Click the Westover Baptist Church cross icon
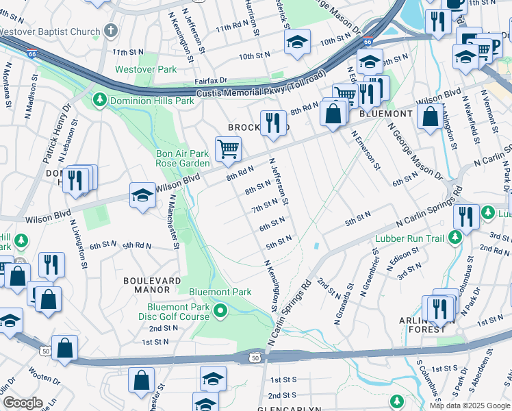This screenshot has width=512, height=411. (110, 31)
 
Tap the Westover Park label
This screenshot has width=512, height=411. (146, 69)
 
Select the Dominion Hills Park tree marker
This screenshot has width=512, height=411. (100, 101)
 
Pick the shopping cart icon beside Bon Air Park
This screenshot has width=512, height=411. (228, 149)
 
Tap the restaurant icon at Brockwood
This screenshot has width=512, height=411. (273, 123)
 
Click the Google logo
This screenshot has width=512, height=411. (23, 403)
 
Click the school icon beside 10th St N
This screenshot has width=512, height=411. (297, 42)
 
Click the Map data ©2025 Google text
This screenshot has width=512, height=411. (469, 406)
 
